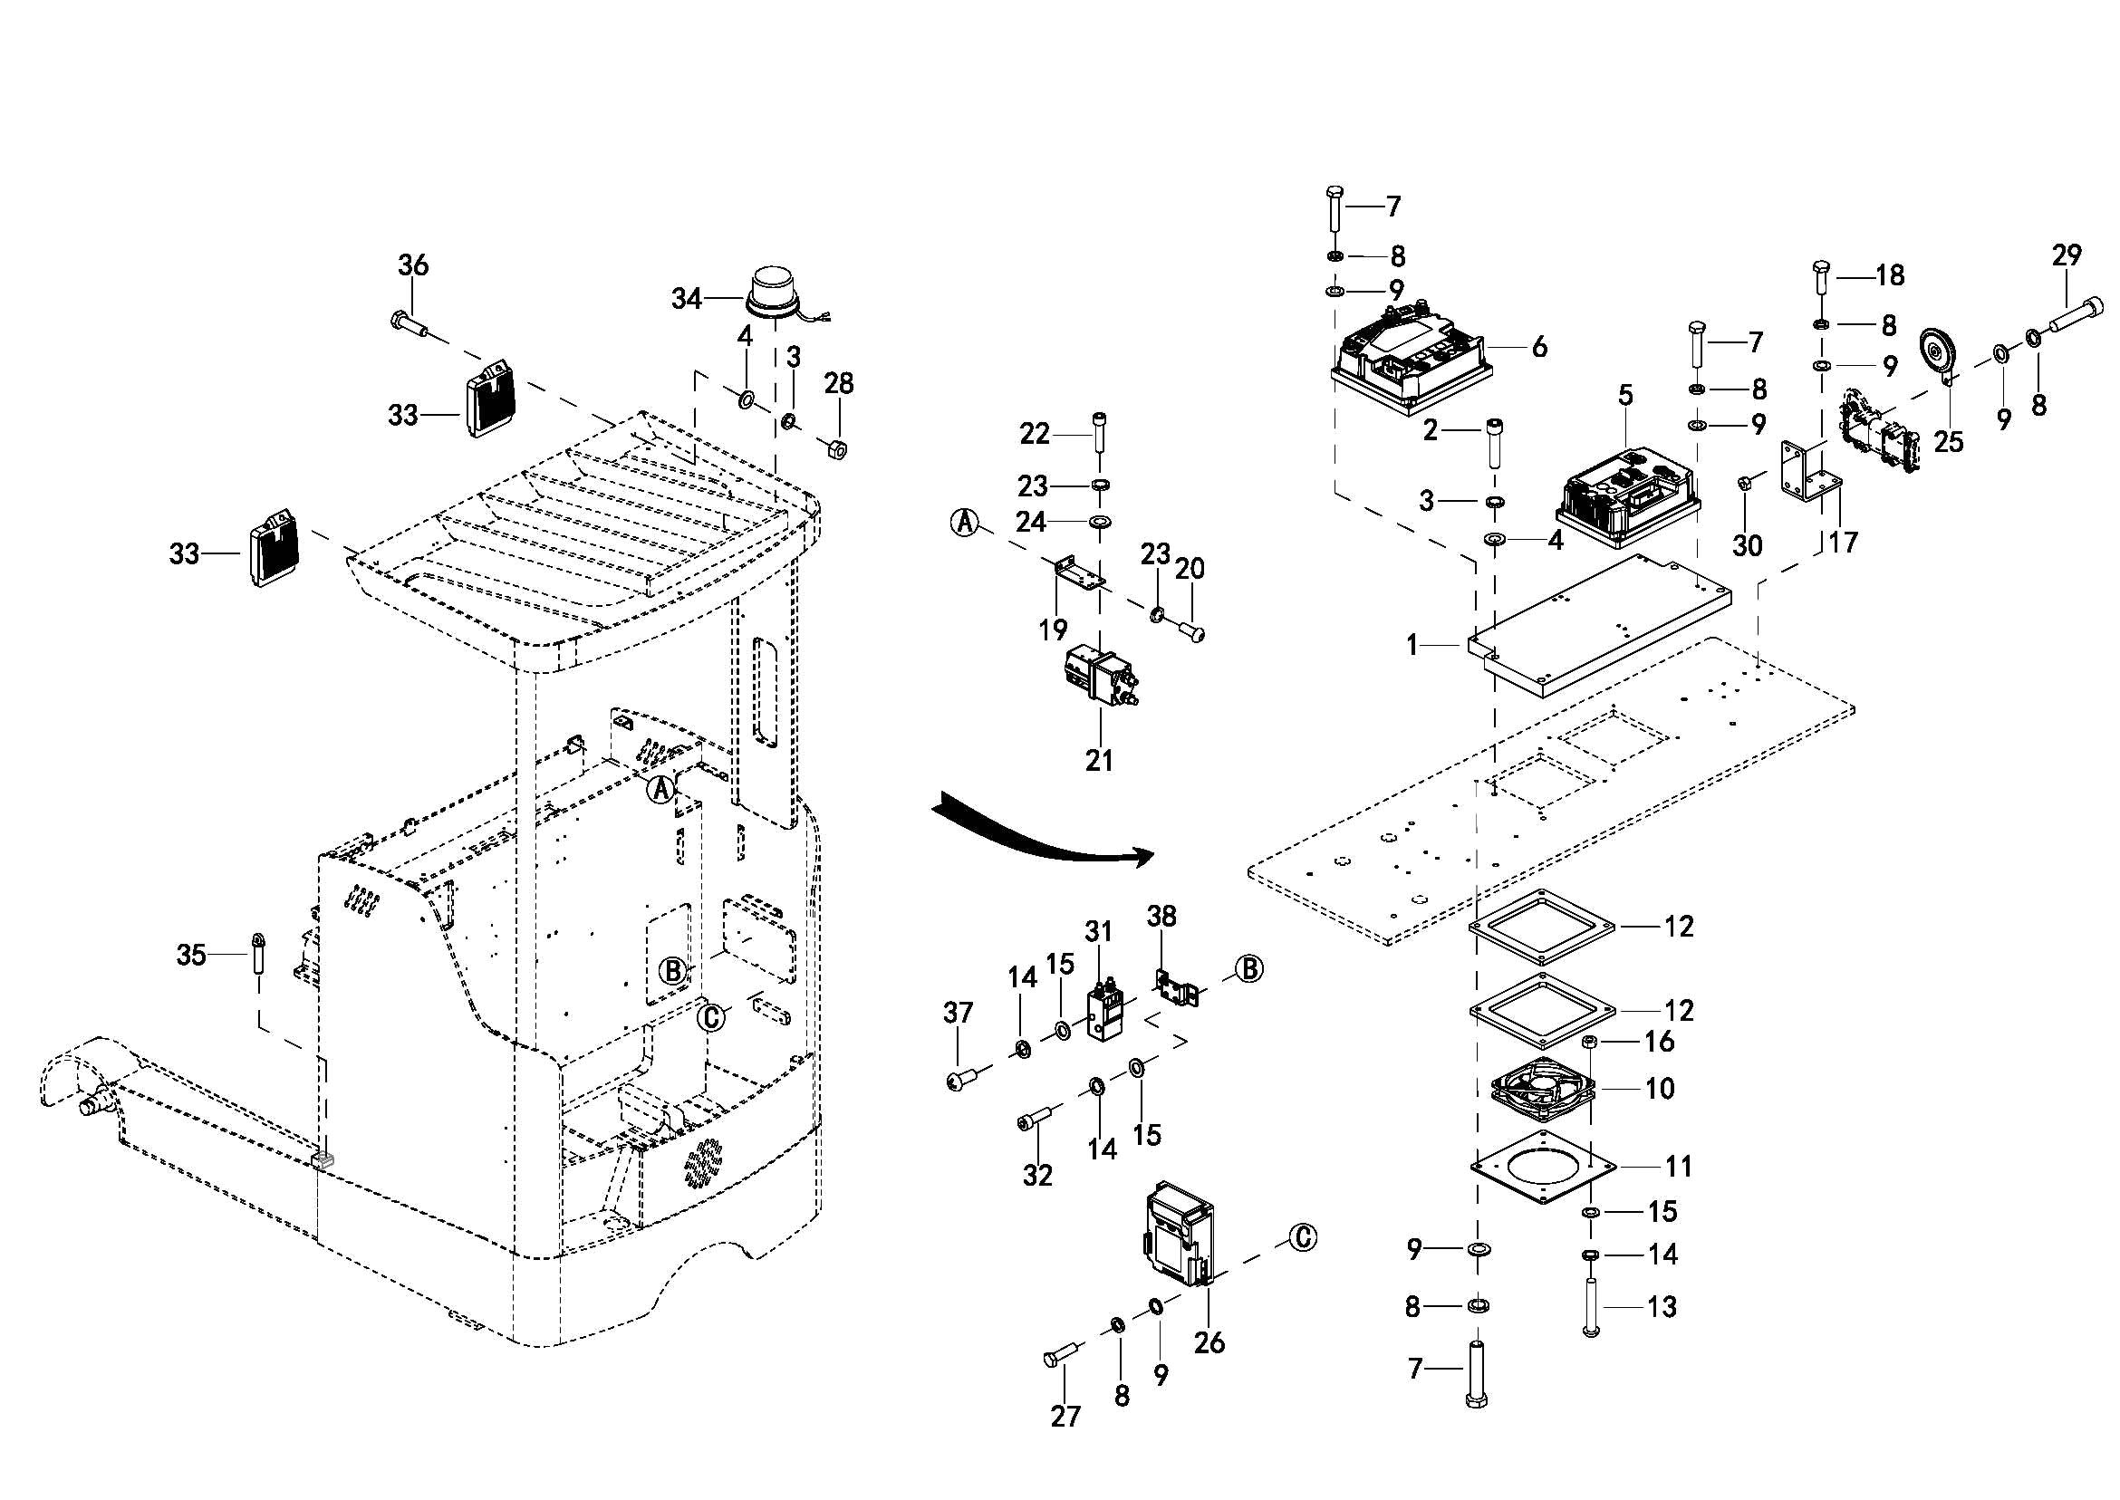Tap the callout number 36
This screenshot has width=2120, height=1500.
pos(413,265)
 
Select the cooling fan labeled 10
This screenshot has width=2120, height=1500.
pos(1544,1089)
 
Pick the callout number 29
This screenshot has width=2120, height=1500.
pos(2067,255)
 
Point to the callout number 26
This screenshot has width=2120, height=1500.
pos(1209,1342)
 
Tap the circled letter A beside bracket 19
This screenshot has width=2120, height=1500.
pos(963,522)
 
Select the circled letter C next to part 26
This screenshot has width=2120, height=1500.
pos(1303,1236)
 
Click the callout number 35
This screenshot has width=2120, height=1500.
pos(191,954)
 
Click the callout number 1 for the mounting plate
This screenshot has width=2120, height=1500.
pos(1412,645)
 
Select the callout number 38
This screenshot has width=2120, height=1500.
pos(1161,917)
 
